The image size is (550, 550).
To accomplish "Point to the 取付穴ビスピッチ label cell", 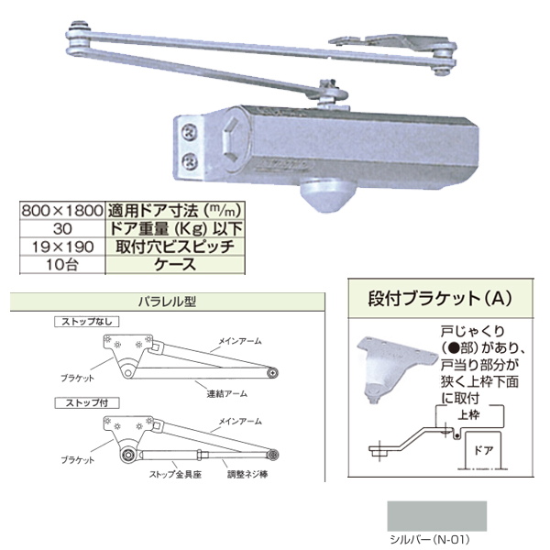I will point(174,245).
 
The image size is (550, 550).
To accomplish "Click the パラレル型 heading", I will point(166,300).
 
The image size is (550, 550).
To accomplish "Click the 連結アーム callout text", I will point(226,392).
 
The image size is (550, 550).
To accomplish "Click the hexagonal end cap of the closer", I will point(226,137).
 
